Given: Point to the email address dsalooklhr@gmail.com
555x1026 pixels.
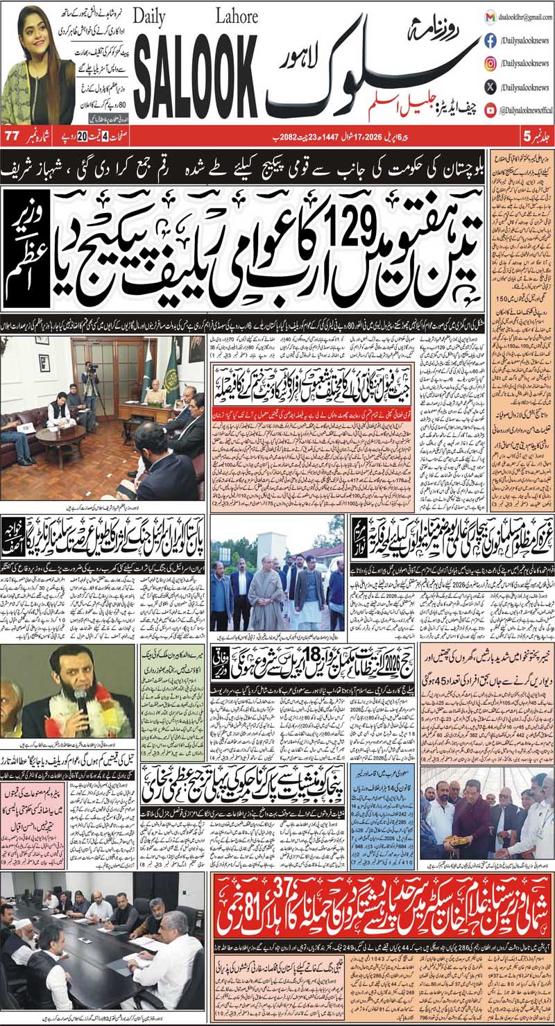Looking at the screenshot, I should pyautogui.click(x=521, y=17).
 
